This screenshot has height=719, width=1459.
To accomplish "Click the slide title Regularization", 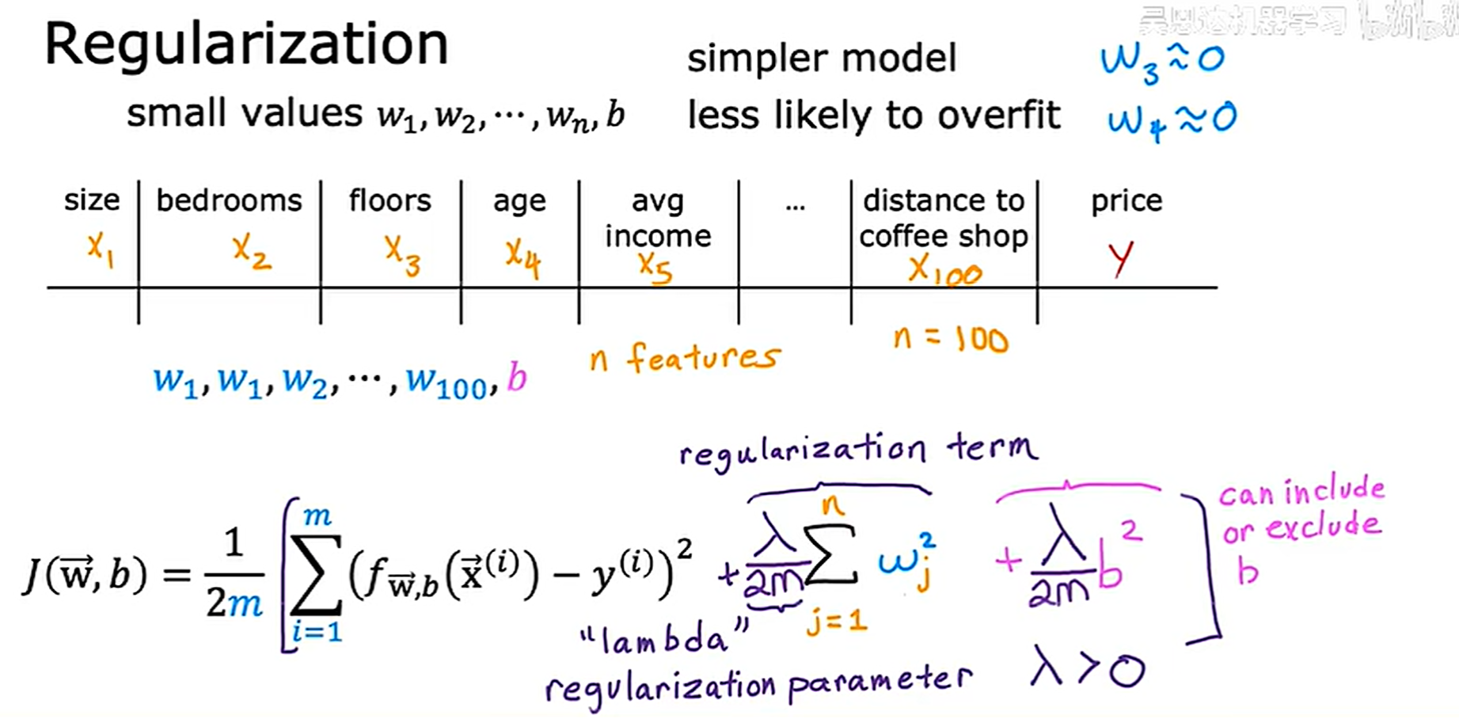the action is pos(246,45).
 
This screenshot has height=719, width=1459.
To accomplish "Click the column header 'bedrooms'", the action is pos(229,201).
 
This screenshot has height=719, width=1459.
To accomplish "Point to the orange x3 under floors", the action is pos(402,256).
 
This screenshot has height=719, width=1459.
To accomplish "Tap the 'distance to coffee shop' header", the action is pos(944,219).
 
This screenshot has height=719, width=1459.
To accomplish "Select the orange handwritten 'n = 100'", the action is pos(950,340).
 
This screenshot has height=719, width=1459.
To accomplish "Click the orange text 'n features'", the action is pos(685,359).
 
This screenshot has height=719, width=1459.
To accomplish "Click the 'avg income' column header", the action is pos(657,219).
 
